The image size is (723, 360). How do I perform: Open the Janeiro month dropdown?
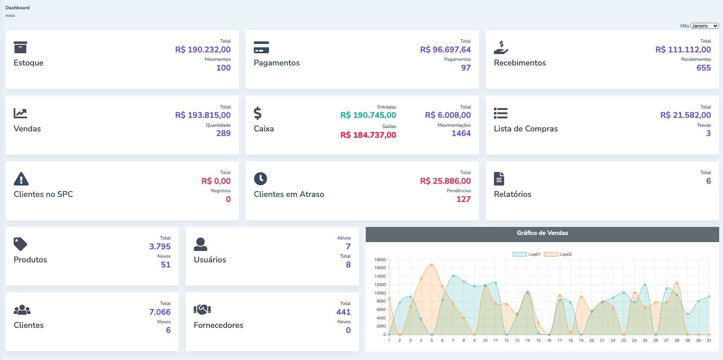704,26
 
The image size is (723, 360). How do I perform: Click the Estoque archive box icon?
20,47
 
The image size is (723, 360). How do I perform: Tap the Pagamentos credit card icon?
261,47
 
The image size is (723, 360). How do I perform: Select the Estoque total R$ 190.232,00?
203,50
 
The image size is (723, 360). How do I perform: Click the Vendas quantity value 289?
223,134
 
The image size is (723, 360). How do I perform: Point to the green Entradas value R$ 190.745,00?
368,115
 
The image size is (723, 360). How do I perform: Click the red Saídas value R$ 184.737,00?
368,135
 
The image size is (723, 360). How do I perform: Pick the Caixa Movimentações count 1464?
461,134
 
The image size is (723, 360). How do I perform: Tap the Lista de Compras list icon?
501,113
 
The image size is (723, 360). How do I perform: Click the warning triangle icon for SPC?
21,179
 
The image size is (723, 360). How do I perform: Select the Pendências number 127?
463,199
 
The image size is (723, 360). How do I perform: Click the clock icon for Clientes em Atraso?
260,179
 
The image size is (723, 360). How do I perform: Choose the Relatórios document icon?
499,179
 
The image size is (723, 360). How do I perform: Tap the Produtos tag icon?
20,244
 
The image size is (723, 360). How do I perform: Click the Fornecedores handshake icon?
202,310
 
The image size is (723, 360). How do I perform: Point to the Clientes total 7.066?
160,312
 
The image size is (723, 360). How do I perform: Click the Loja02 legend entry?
558,254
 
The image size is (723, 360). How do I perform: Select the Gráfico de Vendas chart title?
542,233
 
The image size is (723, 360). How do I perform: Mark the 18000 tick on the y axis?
380,260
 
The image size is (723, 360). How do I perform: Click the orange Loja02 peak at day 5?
432,265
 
